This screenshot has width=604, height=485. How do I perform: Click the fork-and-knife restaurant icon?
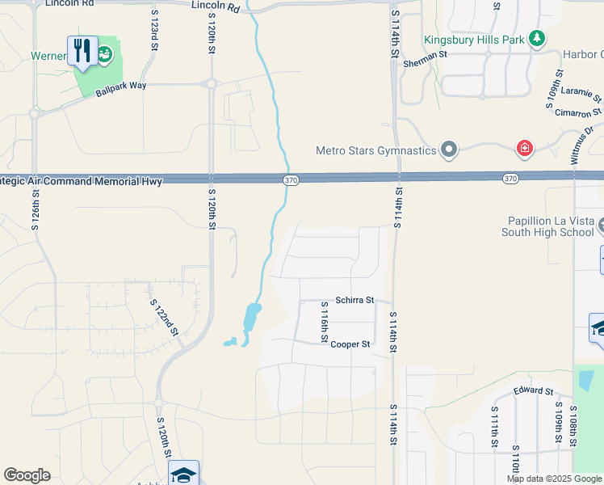click(x=82, y=51)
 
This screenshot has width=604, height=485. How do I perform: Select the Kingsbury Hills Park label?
click(x=475, y=39)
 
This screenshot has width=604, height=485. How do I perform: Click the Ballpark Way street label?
click(x=122, y=87)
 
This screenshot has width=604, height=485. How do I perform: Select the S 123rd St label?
click(x=153, y=31)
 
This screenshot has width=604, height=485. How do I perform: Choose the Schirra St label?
click(x=355, y=300)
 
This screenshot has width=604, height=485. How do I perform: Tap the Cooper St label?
click(x=350, y=344)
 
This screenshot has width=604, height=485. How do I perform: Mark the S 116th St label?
click(x=324, y=319)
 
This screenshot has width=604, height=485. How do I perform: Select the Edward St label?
click(x=533, y=391)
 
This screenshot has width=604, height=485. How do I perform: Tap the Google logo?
click(x=27, y=475)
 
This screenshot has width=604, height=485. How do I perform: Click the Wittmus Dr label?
click(x=585, y=145)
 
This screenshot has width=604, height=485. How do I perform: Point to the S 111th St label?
click(x=493, y=427)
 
